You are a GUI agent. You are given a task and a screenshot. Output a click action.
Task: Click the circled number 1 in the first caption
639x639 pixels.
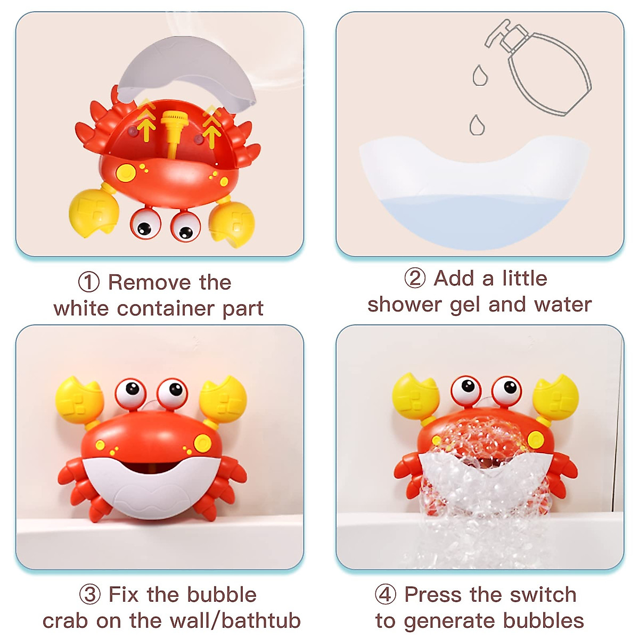(88, 282)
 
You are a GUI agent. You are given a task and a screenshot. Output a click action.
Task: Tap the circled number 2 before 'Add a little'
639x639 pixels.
(415, 278)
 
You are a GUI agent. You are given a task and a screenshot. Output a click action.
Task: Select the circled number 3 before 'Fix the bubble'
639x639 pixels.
(89, 594)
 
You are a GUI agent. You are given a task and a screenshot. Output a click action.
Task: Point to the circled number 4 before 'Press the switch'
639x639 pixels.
(386, 594)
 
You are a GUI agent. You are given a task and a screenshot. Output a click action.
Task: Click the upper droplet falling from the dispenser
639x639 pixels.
(480, 76)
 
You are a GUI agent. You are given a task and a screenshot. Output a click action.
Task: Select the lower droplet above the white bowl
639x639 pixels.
(477, 126)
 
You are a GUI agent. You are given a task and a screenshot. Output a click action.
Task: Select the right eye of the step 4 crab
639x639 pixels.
(506, 389)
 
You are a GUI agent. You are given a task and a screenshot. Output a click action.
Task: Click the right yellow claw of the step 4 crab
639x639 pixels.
(556, 397)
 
